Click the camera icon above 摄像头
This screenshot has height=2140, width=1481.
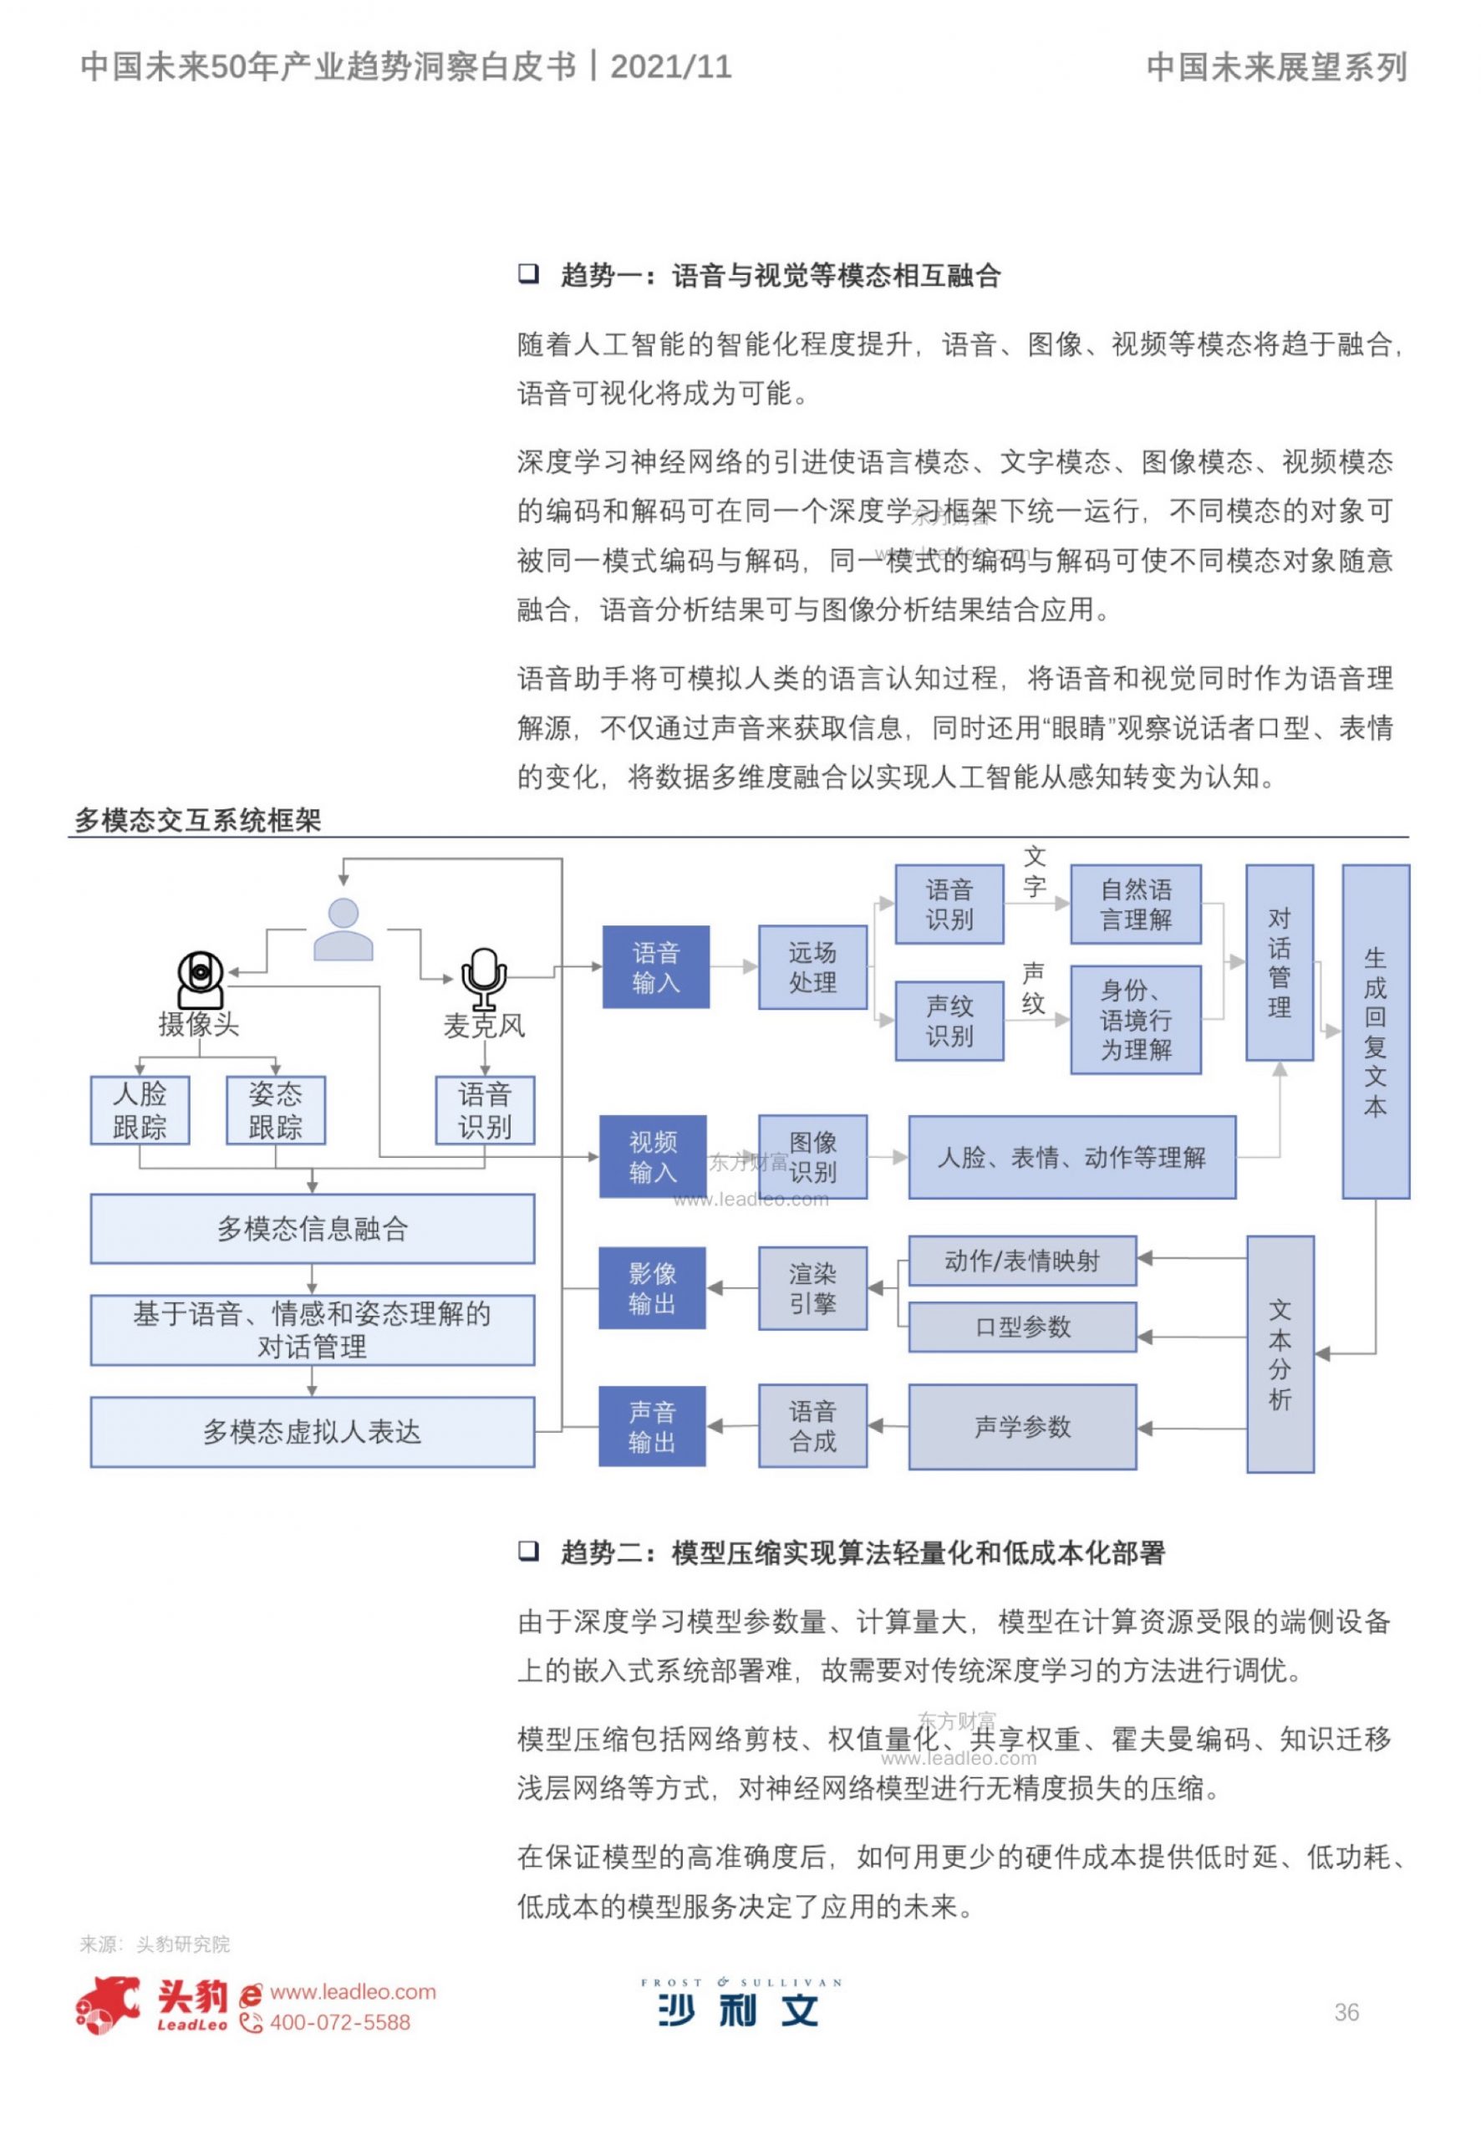pos(201,979)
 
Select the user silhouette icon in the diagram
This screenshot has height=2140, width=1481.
pos(344,929)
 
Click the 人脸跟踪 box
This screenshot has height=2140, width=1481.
pos(140,1110)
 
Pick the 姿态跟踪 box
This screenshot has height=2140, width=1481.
pos(276,1110)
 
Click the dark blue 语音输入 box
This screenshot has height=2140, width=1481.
pos(656,967)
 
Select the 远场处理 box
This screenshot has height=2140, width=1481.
pos(813,967)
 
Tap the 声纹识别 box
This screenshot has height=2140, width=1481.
pos(949,1021)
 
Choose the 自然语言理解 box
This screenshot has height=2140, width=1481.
pos(1136,904)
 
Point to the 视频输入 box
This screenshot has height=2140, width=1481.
pos(654,1156)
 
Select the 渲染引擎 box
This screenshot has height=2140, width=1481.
pos(813,1288)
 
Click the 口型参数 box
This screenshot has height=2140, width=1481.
pos(1023,1327)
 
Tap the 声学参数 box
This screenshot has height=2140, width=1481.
pos(1023,1426)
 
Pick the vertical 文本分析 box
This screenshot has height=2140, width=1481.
pos(1280,1354)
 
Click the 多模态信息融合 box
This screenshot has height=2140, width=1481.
pos(313,1229)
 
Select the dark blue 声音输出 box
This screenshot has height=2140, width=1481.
pos(653,1426)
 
